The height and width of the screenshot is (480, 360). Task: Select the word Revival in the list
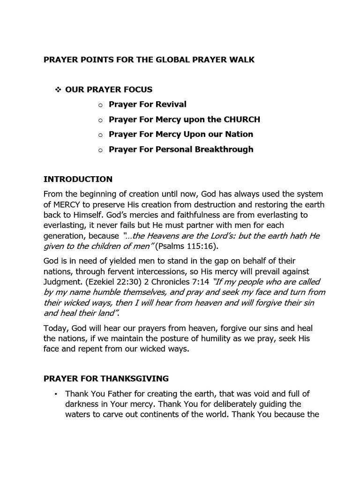pyautogui.click(x=167, y=104)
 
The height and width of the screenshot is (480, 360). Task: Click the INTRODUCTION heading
pyautogui.click(x=78, y=179)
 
